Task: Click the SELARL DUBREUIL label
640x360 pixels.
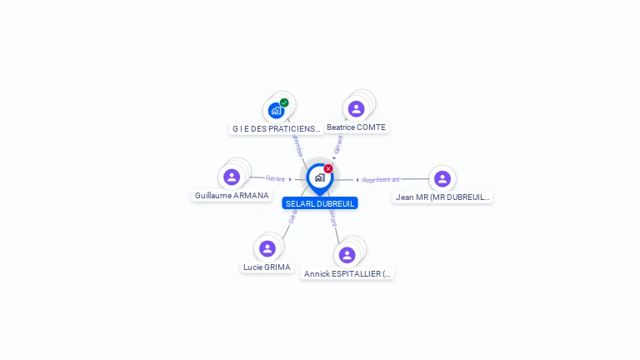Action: (320, 203)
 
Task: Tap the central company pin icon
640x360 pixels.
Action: (319, 177)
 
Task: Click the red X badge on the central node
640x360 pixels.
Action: (328, 169)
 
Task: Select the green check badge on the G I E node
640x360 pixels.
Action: (284, 102)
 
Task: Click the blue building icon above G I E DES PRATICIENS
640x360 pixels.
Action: (276, 110)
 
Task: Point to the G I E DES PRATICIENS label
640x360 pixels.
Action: (276, 128)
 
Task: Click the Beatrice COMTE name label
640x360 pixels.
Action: (357, 127)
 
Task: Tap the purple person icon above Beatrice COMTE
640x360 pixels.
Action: (356, 108)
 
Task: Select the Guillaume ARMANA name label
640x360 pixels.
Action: (232, 195)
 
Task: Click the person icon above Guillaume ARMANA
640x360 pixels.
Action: (232, 177)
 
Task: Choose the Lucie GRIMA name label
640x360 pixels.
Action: (267, 267)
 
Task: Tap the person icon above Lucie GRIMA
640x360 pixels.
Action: (267, 248)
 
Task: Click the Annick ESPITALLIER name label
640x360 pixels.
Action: (347, 273)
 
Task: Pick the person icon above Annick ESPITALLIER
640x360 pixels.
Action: (347, 254)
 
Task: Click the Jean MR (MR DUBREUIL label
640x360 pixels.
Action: (442, 197)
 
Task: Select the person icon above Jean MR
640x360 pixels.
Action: (442, 178)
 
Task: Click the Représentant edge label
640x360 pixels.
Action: (381, 179)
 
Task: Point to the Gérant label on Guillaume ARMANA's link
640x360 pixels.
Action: (275, 178)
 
